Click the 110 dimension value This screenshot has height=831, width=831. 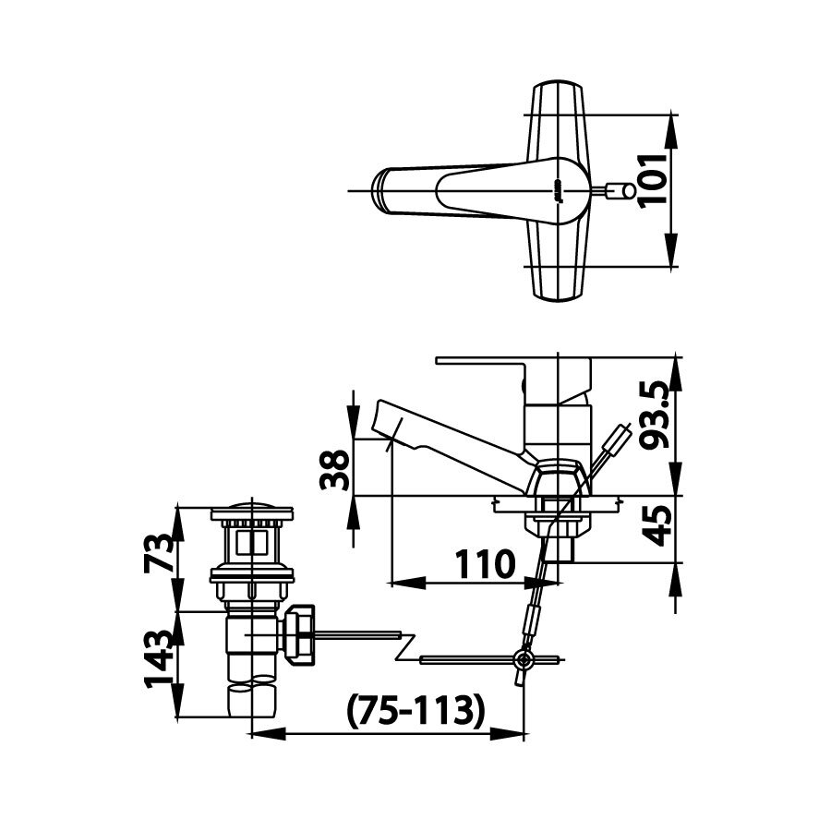[x=484, y=562]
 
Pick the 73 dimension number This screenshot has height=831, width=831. [x=162, y=554]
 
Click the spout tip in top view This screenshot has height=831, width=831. [x=379, y=190]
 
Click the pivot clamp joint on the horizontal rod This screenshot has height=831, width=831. [x=524, y=659]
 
